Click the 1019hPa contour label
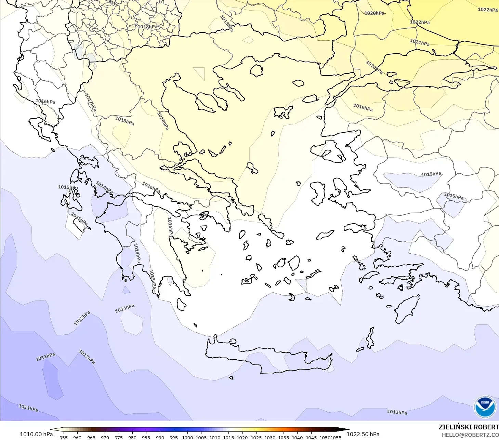point(363,107)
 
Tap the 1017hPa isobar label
point(91,102)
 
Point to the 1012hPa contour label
point(87,357)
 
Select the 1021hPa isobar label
point(420,42)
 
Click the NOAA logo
point(485,407)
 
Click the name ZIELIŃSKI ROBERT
point(469,427)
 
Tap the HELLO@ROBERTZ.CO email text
point(470,435)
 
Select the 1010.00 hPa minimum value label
point(36,434)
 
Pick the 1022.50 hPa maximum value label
point(363,434)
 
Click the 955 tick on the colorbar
point(64,437)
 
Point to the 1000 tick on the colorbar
point(187,437)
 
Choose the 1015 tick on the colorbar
point(228,437)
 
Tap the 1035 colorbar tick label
point(284,437)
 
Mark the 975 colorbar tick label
point(119,437)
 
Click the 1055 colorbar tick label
point(336,437)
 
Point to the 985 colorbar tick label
point(146,437)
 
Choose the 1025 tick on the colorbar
point(256,437)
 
